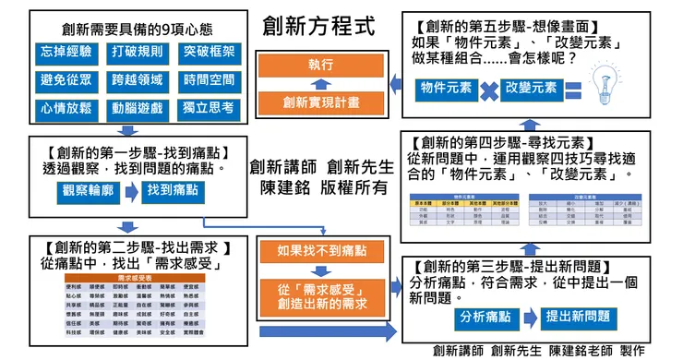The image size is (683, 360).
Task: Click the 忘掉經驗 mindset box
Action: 65,52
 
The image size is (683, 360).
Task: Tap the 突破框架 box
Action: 208,52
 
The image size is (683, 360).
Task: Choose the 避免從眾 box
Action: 65,80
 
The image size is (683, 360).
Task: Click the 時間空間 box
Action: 208,80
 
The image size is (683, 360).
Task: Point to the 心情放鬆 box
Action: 65,108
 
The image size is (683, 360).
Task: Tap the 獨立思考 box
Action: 208,108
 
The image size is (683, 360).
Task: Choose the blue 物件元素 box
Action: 443,88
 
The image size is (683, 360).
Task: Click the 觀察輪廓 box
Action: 89,189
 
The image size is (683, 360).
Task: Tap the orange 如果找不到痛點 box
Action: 320,250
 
